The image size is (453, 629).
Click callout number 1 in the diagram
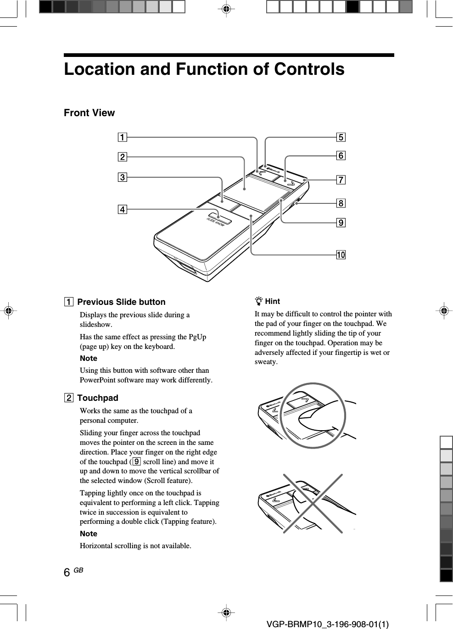122,137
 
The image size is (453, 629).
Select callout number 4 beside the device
122,210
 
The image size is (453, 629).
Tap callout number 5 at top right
341,137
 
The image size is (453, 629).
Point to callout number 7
341,180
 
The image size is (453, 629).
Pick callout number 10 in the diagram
341,255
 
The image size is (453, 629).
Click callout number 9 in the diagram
341,223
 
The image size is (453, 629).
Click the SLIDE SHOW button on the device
219,218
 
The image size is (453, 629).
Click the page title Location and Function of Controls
204,69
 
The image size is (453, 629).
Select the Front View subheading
89,113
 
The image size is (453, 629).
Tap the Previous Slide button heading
121,302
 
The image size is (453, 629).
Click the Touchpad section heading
97,398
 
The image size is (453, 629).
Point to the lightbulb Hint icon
259,302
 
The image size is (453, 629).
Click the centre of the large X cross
313,504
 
